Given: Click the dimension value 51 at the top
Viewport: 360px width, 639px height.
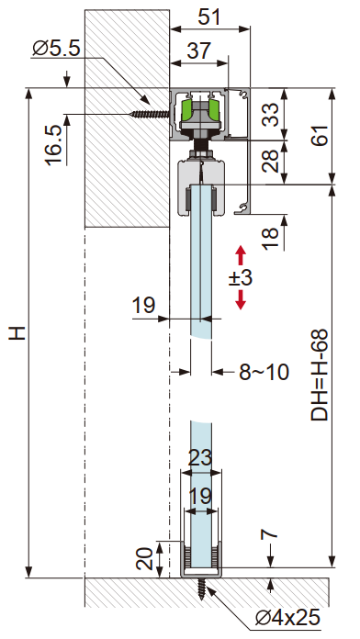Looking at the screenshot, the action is pos(208,17).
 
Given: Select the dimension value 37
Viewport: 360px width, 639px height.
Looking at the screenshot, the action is pos(199,50).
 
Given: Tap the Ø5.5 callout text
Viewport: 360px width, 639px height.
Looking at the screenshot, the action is pos(57,49).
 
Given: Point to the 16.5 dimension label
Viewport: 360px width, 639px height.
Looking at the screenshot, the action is pos(54,145).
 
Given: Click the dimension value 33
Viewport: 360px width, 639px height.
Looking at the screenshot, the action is pos(271,115).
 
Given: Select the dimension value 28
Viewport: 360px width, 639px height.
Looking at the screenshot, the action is pos(271,161).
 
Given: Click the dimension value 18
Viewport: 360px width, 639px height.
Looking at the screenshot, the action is pos(270,239).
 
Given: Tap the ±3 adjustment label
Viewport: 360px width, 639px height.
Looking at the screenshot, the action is pos(240,278).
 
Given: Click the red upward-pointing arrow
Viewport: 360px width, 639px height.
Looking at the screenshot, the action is pos(241,255).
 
